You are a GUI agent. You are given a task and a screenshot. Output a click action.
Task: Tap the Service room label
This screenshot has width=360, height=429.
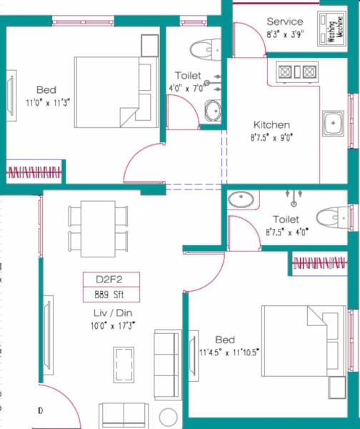tap(284, 21)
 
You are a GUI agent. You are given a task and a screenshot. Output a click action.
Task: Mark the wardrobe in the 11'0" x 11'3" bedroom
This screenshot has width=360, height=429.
tap(35, 172)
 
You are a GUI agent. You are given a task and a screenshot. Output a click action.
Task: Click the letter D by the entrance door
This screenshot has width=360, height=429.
tap(41, 410)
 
